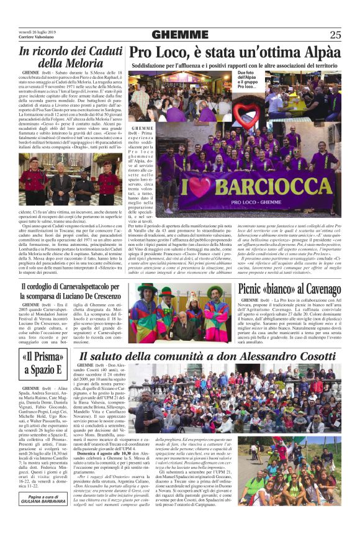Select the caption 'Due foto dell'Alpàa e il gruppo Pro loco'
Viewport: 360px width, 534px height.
point(248,80)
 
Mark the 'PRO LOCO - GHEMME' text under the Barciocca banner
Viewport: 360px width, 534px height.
point(251,203)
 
